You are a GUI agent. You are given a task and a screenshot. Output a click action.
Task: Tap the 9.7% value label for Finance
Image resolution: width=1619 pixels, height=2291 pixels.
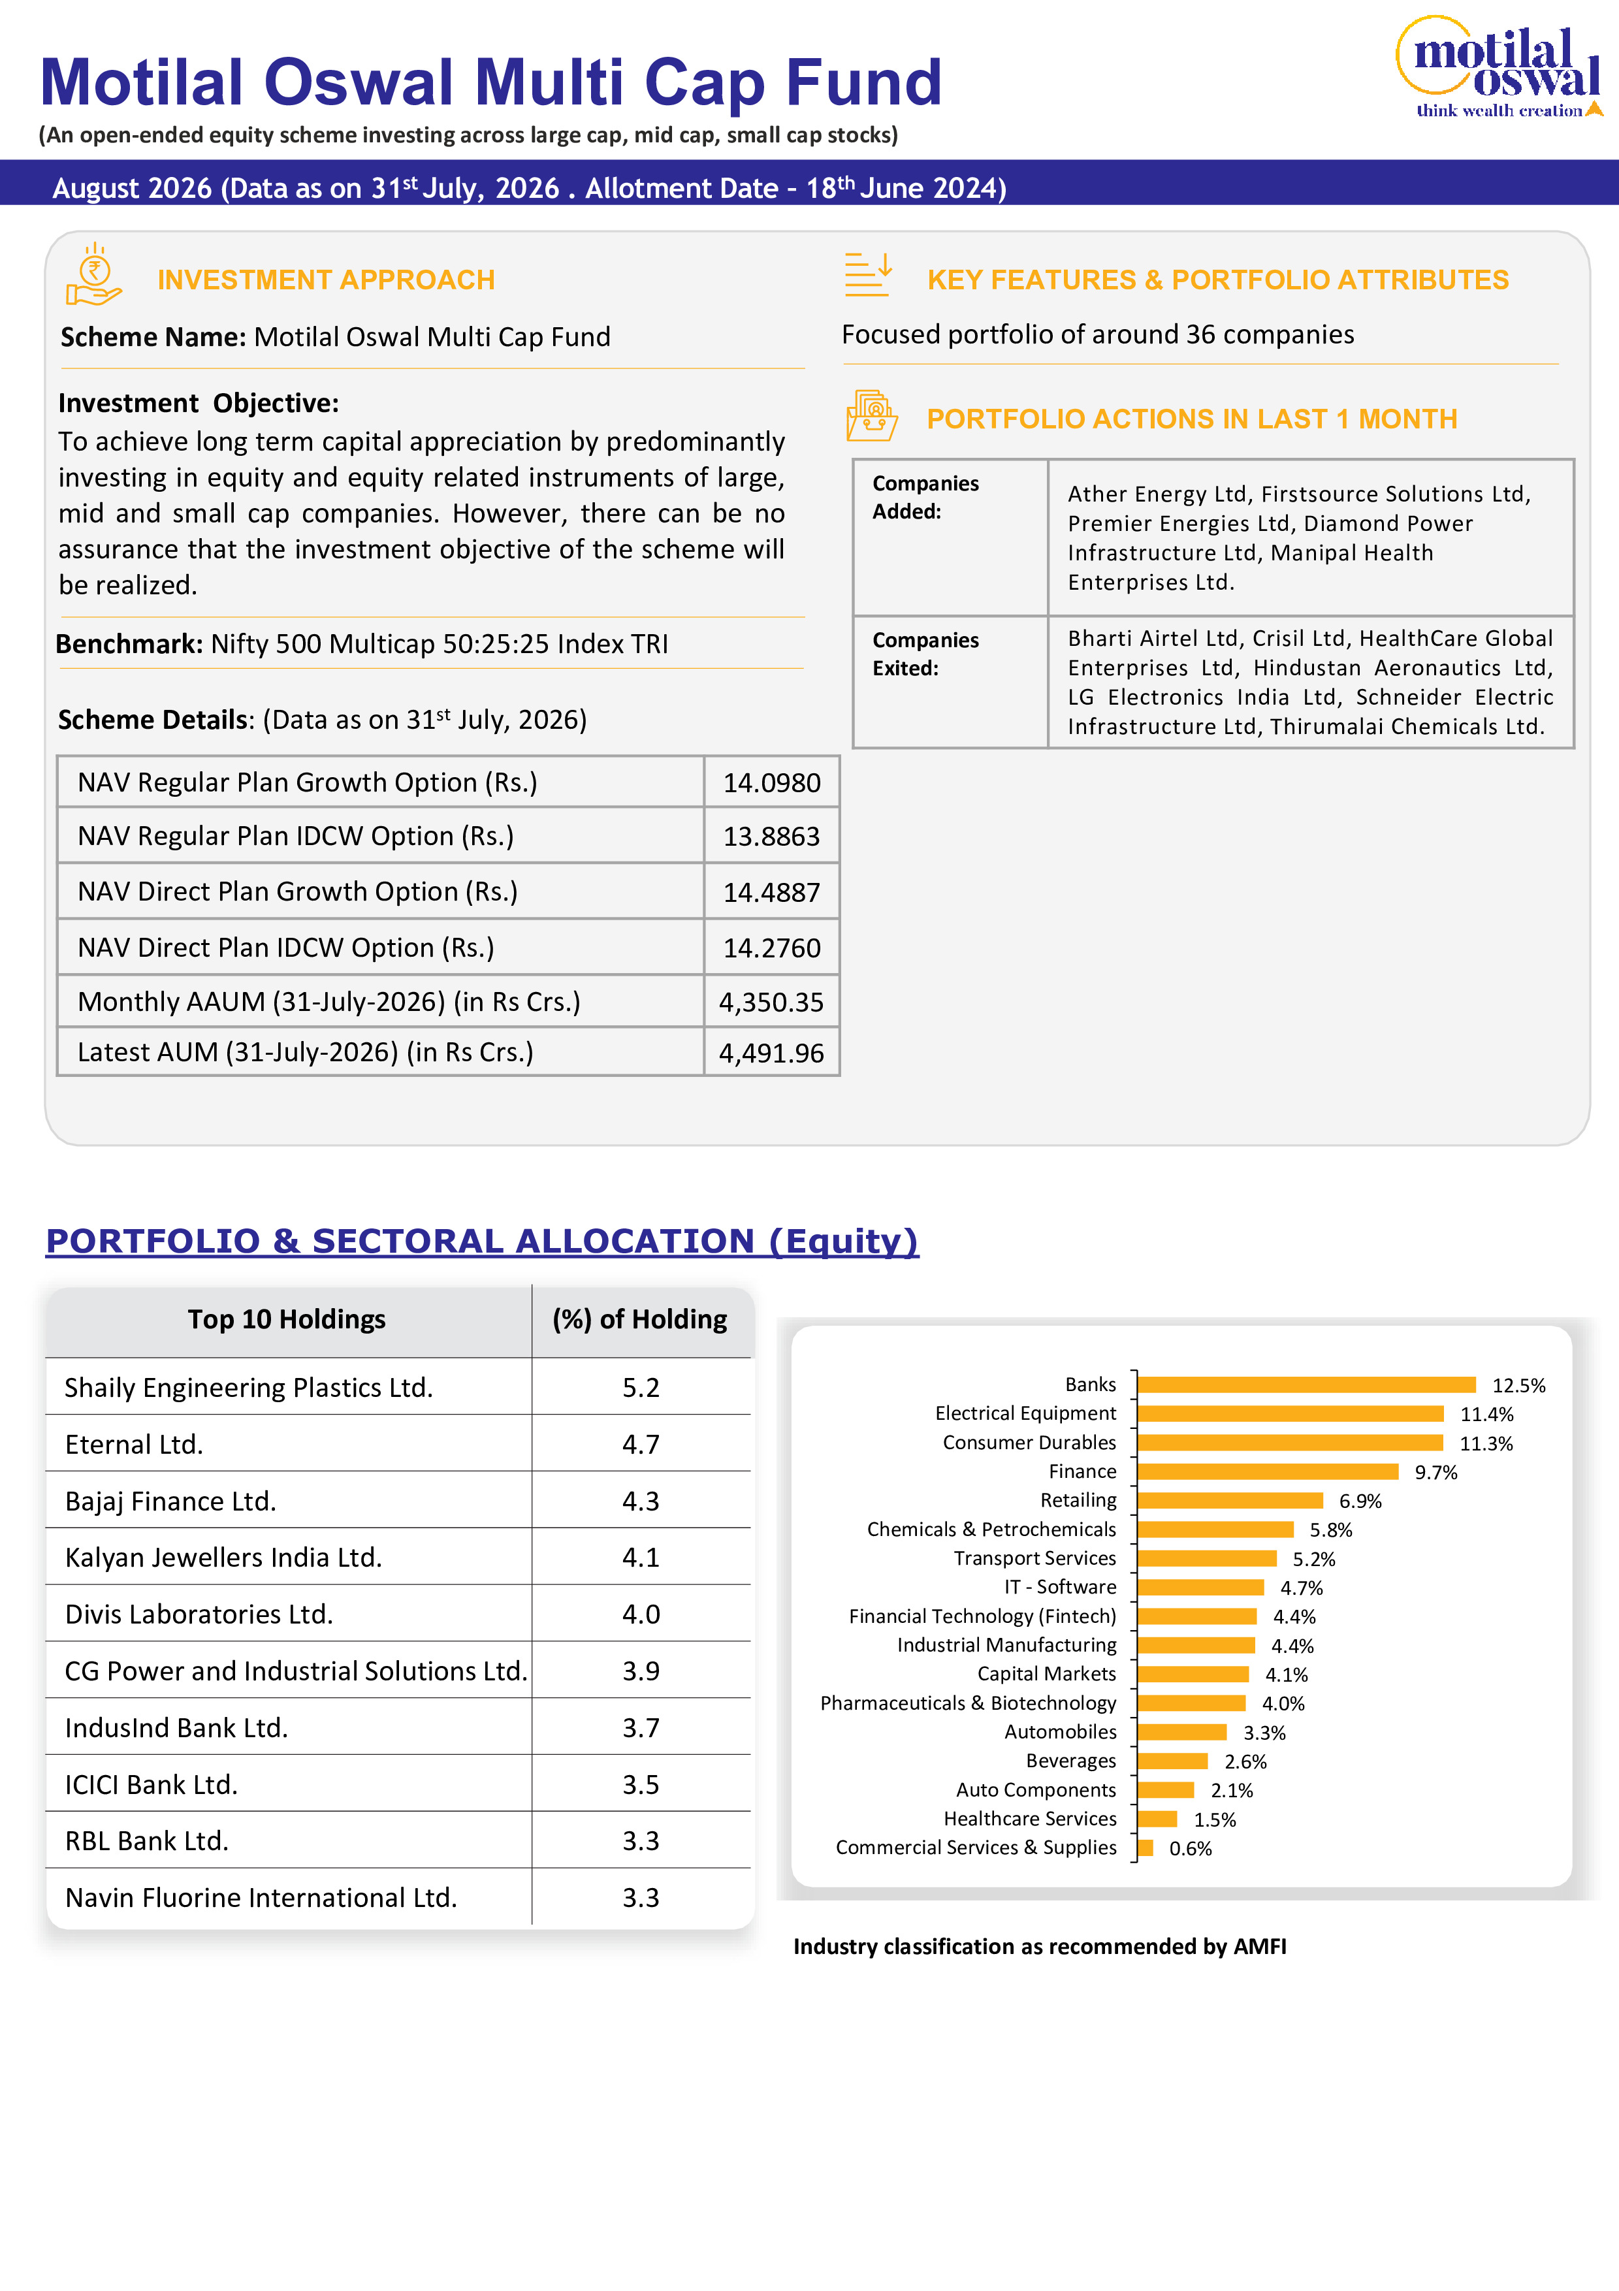(1435, 1472)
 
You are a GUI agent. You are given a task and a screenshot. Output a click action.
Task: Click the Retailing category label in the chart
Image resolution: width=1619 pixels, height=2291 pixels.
(1078, 1499)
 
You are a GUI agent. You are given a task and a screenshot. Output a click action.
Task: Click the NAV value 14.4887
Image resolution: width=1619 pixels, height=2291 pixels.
(771, 892)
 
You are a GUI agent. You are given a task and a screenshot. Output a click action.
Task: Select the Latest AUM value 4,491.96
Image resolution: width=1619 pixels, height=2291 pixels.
(771, 1053)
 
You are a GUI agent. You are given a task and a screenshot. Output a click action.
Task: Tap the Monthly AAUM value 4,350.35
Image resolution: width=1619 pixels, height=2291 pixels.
(771, 1002)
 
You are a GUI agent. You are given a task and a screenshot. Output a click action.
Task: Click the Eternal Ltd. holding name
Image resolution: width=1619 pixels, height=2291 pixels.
(134, 1444)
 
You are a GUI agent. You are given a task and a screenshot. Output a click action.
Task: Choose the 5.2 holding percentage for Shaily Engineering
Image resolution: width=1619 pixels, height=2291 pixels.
(641, 1387)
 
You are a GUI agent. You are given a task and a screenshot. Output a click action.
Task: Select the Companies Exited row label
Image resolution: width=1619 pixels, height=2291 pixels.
(925, 654)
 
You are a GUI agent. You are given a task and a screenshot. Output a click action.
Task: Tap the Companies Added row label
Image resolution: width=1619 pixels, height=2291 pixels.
(925, 497)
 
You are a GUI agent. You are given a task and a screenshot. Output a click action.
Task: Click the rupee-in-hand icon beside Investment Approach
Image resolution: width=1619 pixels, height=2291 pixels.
(94, 274)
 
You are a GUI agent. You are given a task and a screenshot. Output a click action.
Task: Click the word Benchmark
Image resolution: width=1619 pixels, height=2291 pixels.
(129, 643)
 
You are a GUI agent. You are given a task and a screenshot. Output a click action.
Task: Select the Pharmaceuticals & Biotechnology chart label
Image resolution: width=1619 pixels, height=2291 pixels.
(968, 1703)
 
